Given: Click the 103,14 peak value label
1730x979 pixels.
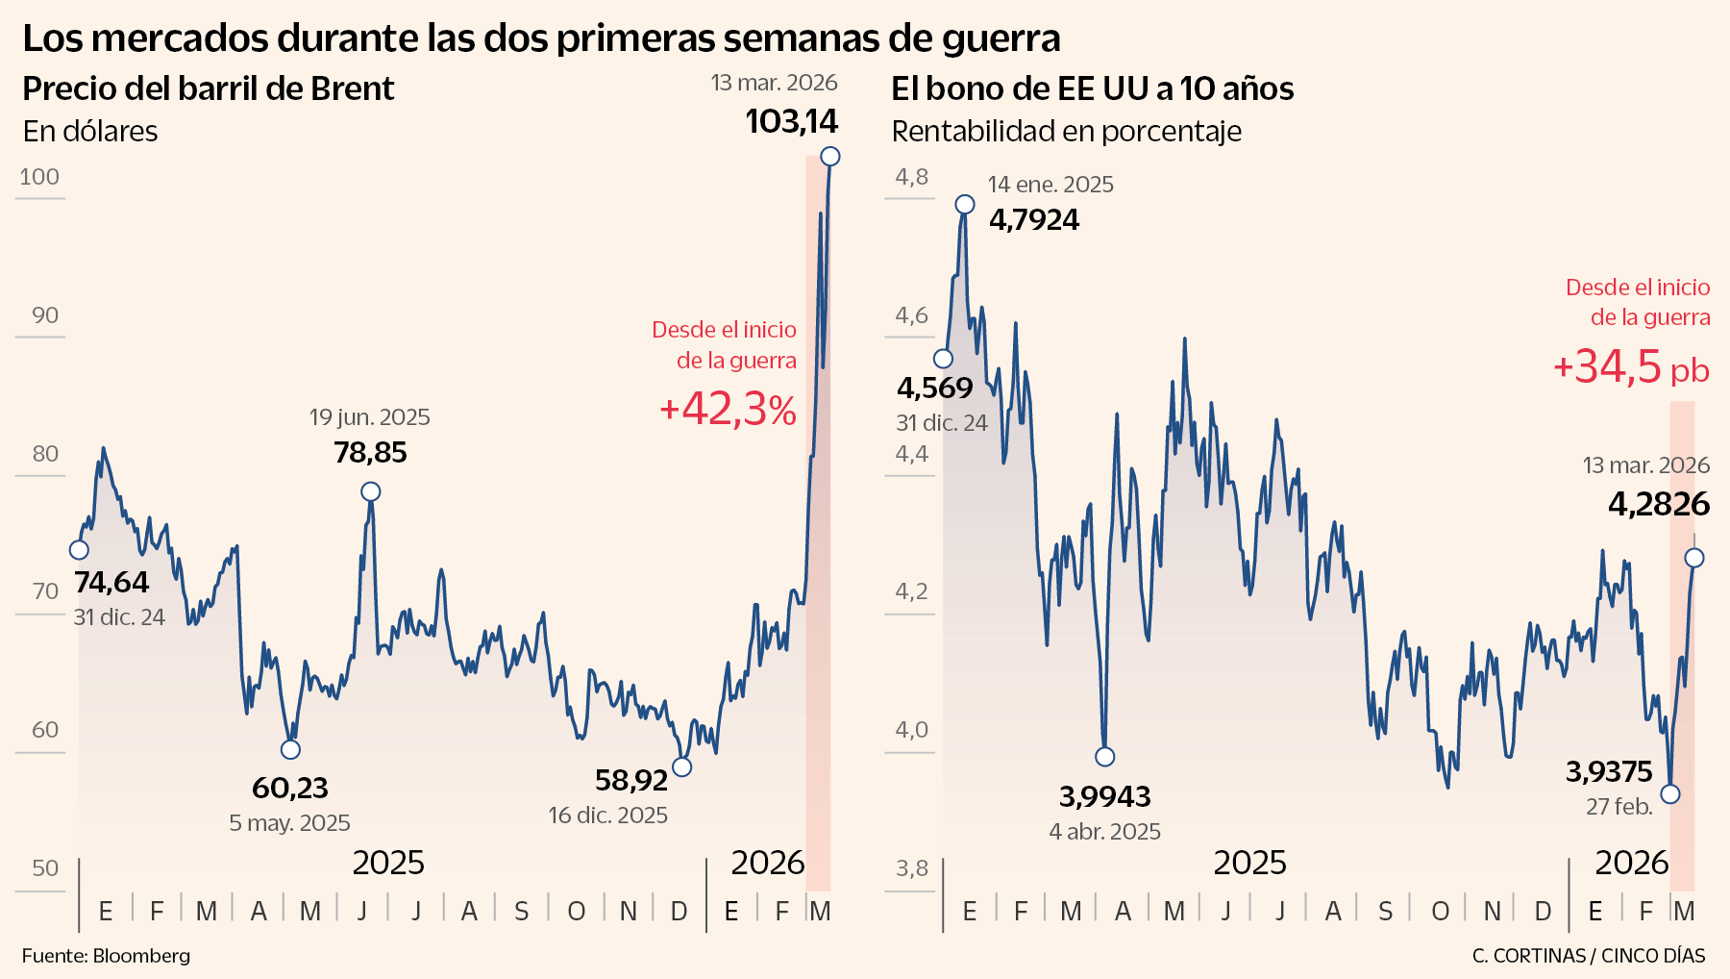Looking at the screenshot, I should (x=791, y=121).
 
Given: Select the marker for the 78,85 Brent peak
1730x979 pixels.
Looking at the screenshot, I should (x=371, y=491).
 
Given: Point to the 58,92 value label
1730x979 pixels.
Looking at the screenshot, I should (x=630, y=780).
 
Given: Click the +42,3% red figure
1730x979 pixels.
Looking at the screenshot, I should (x=728, y=410).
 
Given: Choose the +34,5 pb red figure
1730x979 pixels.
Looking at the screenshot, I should (x=1631, y=367).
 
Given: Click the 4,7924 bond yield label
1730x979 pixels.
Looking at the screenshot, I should (x=1034, y=220).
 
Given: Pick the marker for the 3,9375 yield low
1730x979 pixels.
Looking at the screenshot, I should (x=1670, y=793).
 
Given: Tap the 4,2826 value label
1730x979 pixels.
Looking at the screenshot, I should (x=1659, y=504).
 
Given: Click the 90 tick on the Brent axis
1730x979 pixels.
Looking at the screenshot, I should (x=45, y=315).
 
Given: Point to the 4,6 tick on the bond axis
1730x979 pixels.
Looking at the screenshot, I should (x=911, y=315).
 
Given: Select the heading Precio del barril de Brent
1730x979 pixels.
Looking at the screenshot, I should (x=208, y=88).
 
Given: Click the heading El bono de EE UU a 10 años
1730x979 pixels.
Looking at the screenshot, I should (x=1092, y=88).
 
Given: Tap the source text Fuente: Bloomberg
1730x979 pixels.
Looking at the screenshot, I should (x=106, y=956).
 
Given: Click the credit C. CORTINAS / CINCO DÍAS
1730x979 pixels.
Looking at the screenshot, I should (x=1588, y=956).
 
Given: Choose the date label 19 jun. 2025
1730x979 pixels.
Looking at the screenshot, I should (x=369, y=417).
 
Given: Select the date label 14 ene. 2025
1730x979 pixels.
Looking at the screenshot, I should (x=1050, y=185).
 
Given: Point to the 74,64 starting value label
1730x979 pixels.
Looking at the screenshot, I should (x=111, y=583).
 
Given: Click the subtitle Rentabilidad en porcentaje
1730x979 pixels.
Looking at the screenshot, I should (x=1066, y=132).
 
